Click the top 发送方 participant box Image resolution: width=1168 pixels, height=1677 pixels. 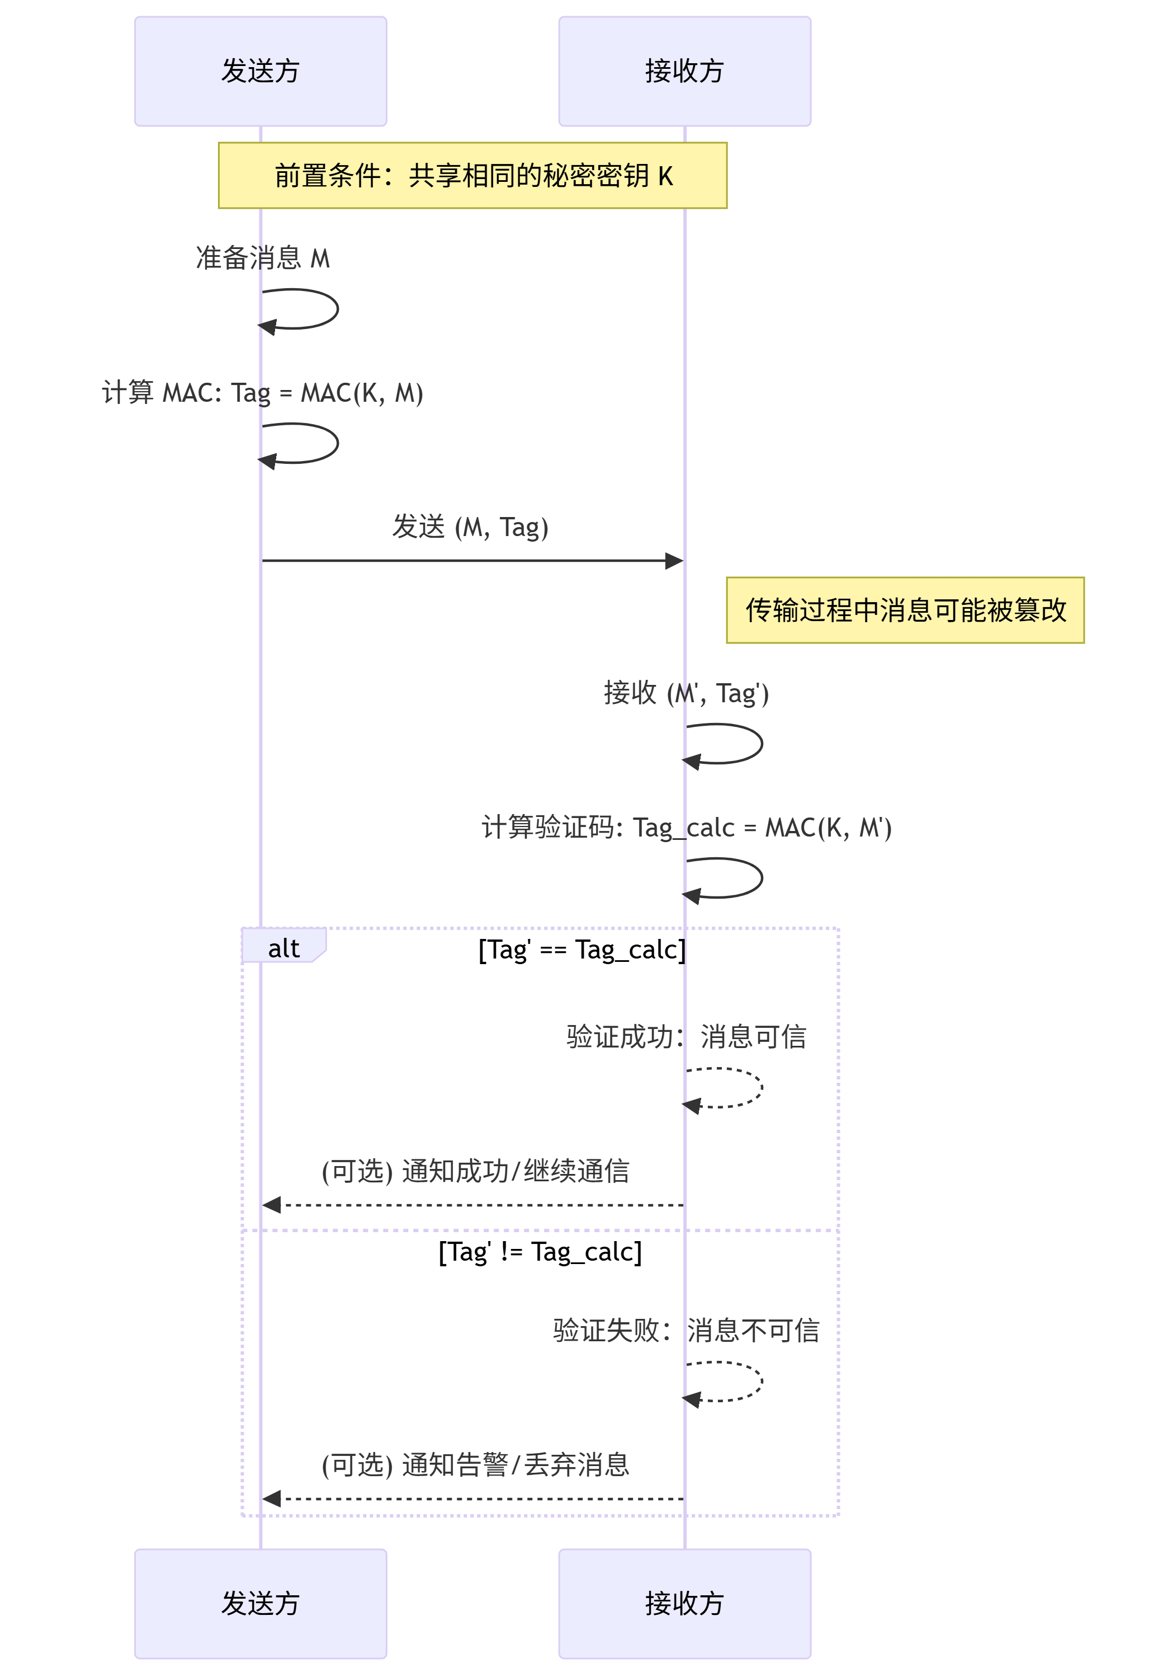pyautogui.click(x=260, y=71)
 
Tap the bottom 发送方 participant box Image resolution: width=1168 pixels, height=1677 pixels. pyautogui.click(x=260, y=1603)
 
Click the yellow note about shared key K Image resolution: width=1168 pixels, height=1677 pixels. pyautogui.click(x=472, y=175)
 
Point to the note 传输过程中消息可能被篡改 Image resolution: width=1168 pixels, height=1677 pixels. pyautogui.click(x=905, y=610)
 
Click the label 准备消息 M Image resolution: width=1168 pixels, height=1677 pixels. pyautogui.click(x=263, y=258)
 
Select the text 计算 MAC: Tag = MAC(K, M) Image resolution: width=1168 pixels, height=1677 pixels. pyautogui.click(x=263, y=393)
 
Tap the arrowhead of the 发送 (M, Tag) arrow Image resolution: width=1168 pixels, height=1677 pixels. pyautogui.click(x=674, y=561)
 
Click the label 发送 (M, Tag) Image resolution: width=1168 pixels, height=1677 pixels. pyautogui.click(x=470, y=527)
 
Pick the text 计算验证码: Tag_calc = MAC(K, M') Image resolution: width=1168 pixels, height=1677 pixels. pyautogui.click(x=686, y=828)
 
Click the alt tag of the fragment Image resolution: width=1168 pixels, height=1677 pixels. pyautogui.click(x=283, y=948)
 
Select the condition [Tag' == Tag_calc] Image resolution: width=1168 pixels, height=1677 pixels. pyautogui.click(x=582, y=950)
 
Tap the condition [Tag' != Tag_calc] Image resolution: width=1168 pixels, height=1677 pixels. pyautogui.click(x=540, y=1252)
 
